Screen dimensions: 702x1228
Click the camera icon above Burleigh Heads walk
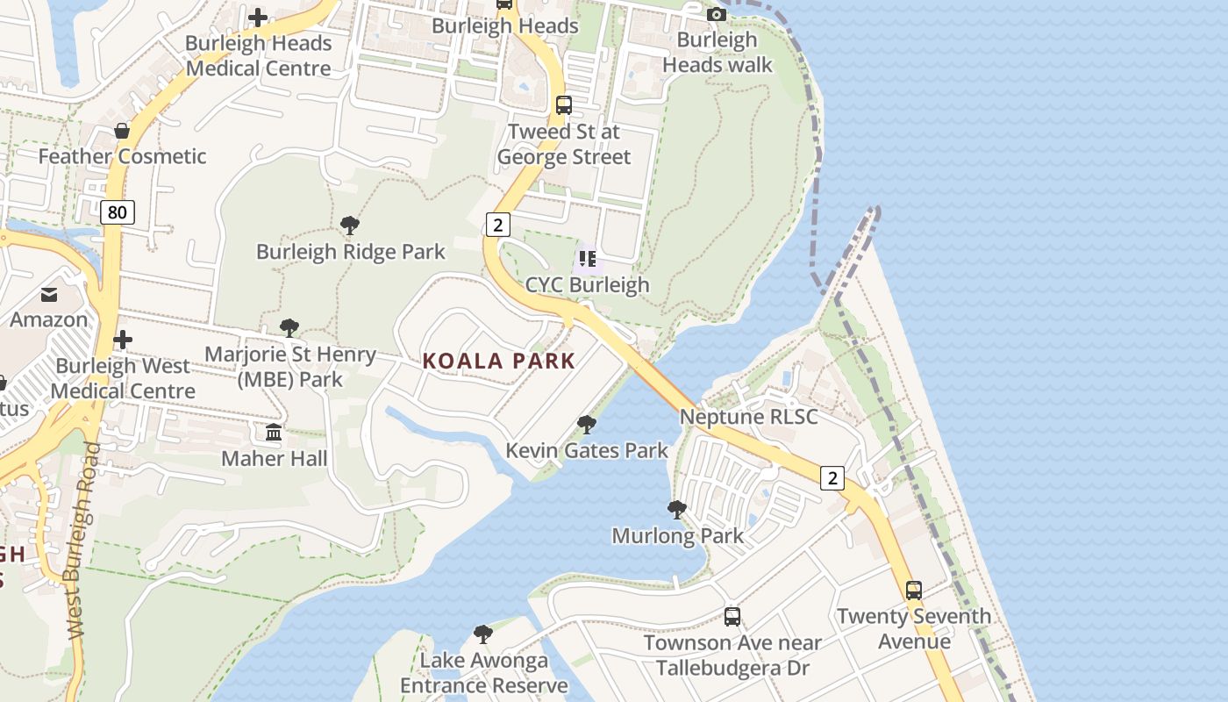coord(717,14)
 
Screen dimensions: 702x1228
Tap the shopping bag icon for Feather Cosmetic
coord(122,131)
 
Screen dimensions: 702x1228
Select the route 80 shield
coord(117,211)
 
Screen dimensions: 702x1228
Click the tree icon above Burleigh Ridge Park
coord(350,226)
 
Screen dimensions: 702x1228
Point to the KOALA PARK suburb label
coord(499,361)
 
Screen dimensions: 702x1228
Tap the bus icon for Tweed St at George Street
coord(564,105)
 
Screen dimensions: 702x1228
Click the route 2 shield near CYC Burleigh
coord(497,225)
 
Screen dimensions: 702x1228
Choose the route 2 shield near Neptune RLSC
coord(832,477)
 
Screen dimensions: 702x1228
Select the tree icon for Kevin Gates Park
coord(587,426)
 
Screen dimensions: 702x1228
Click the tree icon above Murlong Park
coord(676,510)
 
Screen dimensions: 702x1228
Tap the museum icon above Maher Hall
coord(274,433)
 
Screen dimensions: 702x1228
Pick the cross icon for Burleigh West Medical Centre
coord(123,340)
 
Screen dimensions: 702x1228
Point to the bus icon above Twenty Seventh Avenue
coord(913,591)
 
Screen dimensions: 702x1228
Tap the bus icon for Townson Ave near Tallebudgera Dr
coord(732,617)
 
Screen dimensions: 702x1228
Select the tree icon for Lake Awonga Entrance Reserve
coord(482,634)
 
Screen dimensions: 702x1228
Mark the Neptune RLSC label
coord(748,417)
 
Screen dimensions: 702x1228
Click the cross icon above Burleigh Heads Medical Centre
coord(258,17)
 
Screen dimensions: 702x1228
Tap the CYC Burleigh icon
coord(588,259)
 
